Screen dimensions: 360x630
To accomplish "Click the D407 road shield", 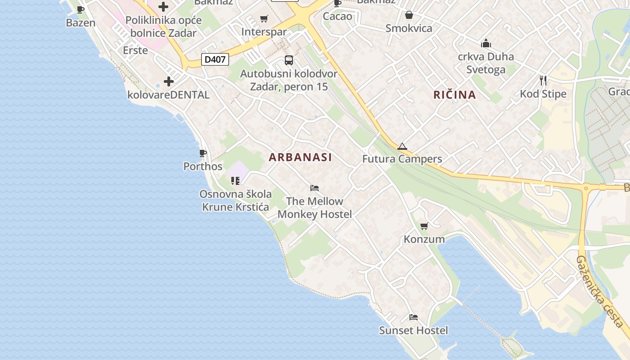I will pyautogui.click(x=215, y=59).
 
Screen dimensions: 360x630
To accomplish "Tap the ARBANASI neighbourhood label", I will pyautogui.click(x=300, y=157).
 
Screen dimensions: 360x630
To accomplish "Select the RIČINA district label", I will pyautogui.click(x=454, y=94).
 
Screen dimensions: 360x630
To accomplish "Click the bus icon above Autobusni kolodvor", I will pyautogui.click(x=289, y=60).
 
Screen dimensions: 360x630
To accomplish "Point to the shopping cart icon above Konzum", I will pyautogui.click(x=424, y=226).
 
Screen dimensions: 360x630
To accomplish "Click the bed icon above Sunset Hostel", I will pyautogui.click(x=414, y=317).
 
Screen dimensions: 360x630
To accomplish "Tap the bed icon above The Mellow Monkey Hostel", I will pyautogui.click(x=315, y=188).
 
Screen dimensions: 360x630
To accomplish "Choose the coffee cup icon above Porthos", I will pyautogui.click(x=203, y=153).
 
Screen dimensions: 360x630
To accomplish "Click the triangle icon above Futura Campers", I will pyautogui.click(x=402, y=146).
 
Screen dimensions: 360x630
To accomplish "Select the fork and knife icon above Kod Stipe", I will pyautogui.click(x=543, y=81).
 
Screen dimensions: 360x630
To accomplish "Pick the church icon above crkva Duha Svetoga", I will pyautogui.click(x=486, y=44).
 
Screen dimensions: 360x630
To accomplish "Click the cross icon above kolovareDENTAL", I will pyautogui.click(x=169, y=81).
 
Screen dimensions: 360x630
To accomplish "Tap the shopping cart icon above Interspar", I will pyautogui.click(x=264, y=19).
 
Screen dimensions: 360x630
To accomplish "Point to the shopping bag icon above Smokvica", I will pyautogui.click(x=409, y=15).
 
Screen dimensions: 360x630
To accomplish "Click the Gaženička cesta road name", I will pyautogui.click(x=600, y=292).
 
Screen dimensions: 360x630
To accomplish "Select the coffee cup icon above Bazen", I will pyautogui.click(x=81, y=9).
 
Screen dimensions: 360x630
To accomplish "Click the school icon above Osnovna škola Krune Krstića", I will pyautogui.click(x=235, y=181).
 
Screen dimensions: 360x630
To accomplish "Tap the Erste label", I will pyautogui.click(x=135, y=50).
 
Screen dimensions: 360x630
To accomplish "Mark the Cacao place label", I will pyautogui.click(x=337, y=17).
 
